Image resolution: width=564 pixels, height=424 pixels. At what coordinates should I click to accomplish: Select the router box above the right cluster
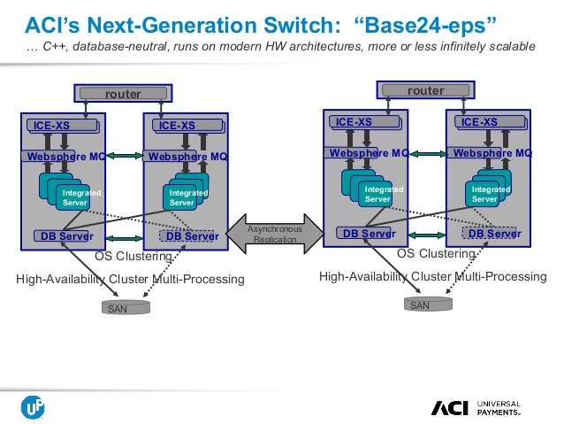point(425,90)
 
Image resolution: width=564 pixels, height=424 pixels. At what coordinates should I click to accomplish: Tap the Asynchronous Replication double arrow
point(275,235)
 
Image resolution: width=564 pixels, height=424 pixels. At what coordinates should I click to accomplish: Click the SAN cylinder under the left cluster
point(124,307)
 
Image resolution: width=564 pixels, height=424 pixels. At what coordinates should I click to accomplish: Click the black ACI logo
point(450,407)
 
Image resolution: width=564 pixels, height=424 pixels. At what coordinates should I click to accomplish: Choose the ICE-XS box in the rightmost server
point(484,122)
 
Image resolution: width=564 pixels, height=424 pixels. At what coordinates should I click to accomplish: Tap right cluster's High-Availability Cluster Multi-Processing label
point(432,277)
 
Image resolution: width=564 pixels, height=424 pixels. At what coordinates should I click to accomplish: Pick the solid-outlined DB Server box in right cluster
point(365,234)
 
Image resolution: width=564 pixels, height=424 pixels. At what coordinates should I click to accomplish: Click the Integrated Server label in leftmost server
point(81,197)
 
